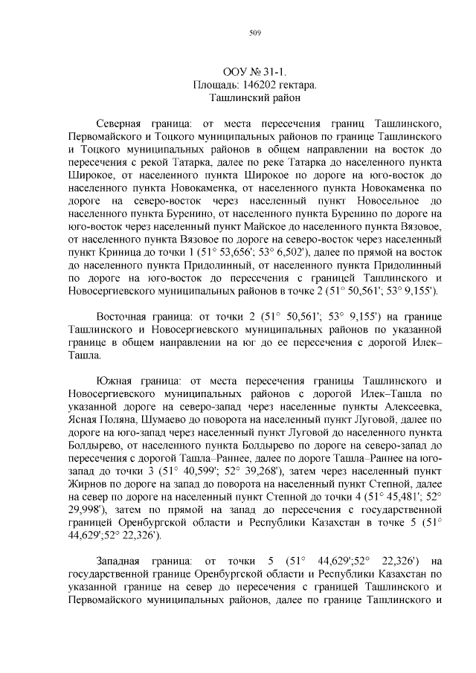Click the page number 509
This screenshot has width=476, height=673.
(254, 32)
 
